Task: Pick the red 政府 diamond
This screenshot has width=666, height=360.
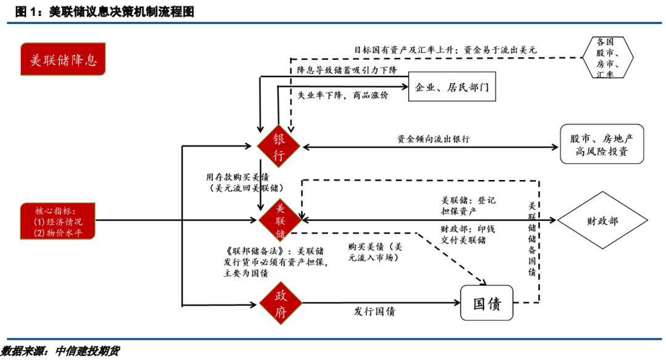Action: click(280, 304)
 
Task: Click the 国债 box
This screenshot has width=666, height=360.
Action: click(487, 303)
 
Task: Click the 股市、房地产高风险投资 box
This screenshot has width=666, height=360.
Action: click(601, 144)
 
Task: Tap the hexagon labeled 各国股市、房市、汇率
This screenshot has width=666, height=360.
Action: click(605, 58)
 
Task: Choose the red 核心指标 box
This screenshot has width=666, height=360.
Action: click(58, 220)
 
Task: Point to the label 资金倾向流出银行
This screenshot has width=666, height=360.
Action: click(434, 139)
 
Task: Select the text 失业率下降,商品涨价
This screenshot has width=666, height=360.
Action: click(343, 96)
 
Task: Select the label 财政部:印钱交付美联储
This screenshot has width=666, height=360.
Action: click(467, 234)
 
